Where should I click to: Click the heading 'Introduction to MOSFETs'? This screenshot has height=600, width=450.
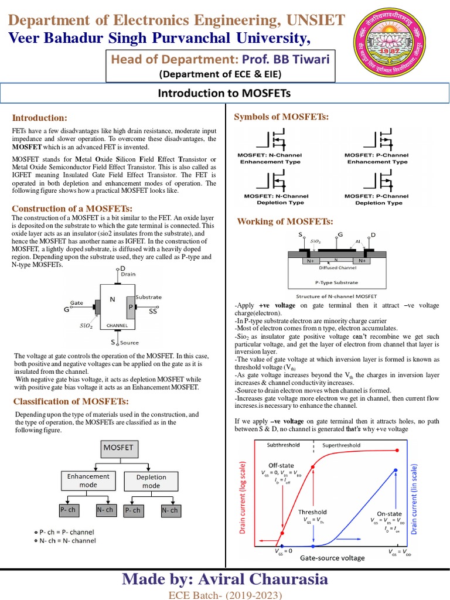pos(225,94)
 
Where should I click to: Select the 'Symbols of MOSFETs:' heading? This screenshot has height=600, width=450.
pos(282,117)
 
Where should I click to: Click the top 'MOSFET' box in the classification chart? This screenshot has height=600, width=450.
pos(118,448)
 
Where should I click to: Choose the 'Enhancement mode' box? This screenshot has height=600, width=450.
pos(88,481)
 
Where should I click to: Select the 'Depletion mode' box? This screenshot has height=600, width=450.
pos(151,482)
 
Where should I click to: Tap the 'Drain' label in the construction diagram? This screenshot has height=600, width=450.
pos(128,274)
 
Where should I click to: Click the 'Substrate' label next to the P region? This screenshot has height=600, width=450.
pos(148,297)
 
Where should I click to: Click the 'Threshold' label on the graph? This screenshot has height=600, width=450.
pos(312,512)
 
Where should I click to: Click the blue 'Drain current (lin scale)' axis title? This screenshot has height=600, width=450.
pos(414,498)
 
